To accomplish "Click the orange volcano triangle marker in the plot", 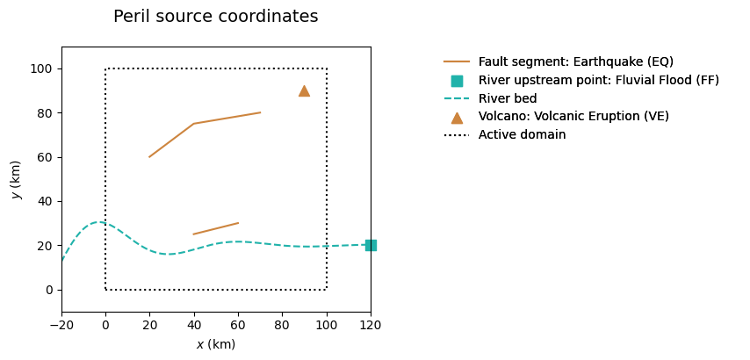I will coord(304,90).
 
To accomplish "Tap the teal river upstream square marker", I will coord(371,245).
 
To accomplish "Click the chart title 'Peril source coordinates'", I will coord(216,17).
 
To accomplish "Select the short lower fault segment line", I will coord(216,228).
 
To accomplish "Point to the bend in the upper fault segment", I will coord(194,124).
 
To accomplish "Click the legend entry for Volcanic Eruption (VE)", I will coord(575,117).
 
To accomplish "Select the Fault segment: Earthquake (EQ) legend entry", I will coord(575,61).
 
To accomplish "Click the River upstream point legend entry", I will coord(598,80).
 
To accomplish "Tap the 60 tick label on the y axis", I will coord(45,157).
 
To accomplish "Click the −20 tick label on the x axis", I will coord(61,324).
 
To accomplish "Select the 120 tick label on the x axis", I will coord(371,324).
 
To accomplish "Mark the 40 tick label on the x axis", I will coord(194,324).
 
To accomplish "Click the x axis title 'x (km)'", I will coord(216,344).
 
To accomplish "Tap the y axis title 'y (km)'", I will coord(16,179).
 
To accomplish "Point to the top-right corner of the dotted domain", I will coord(327,68).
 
